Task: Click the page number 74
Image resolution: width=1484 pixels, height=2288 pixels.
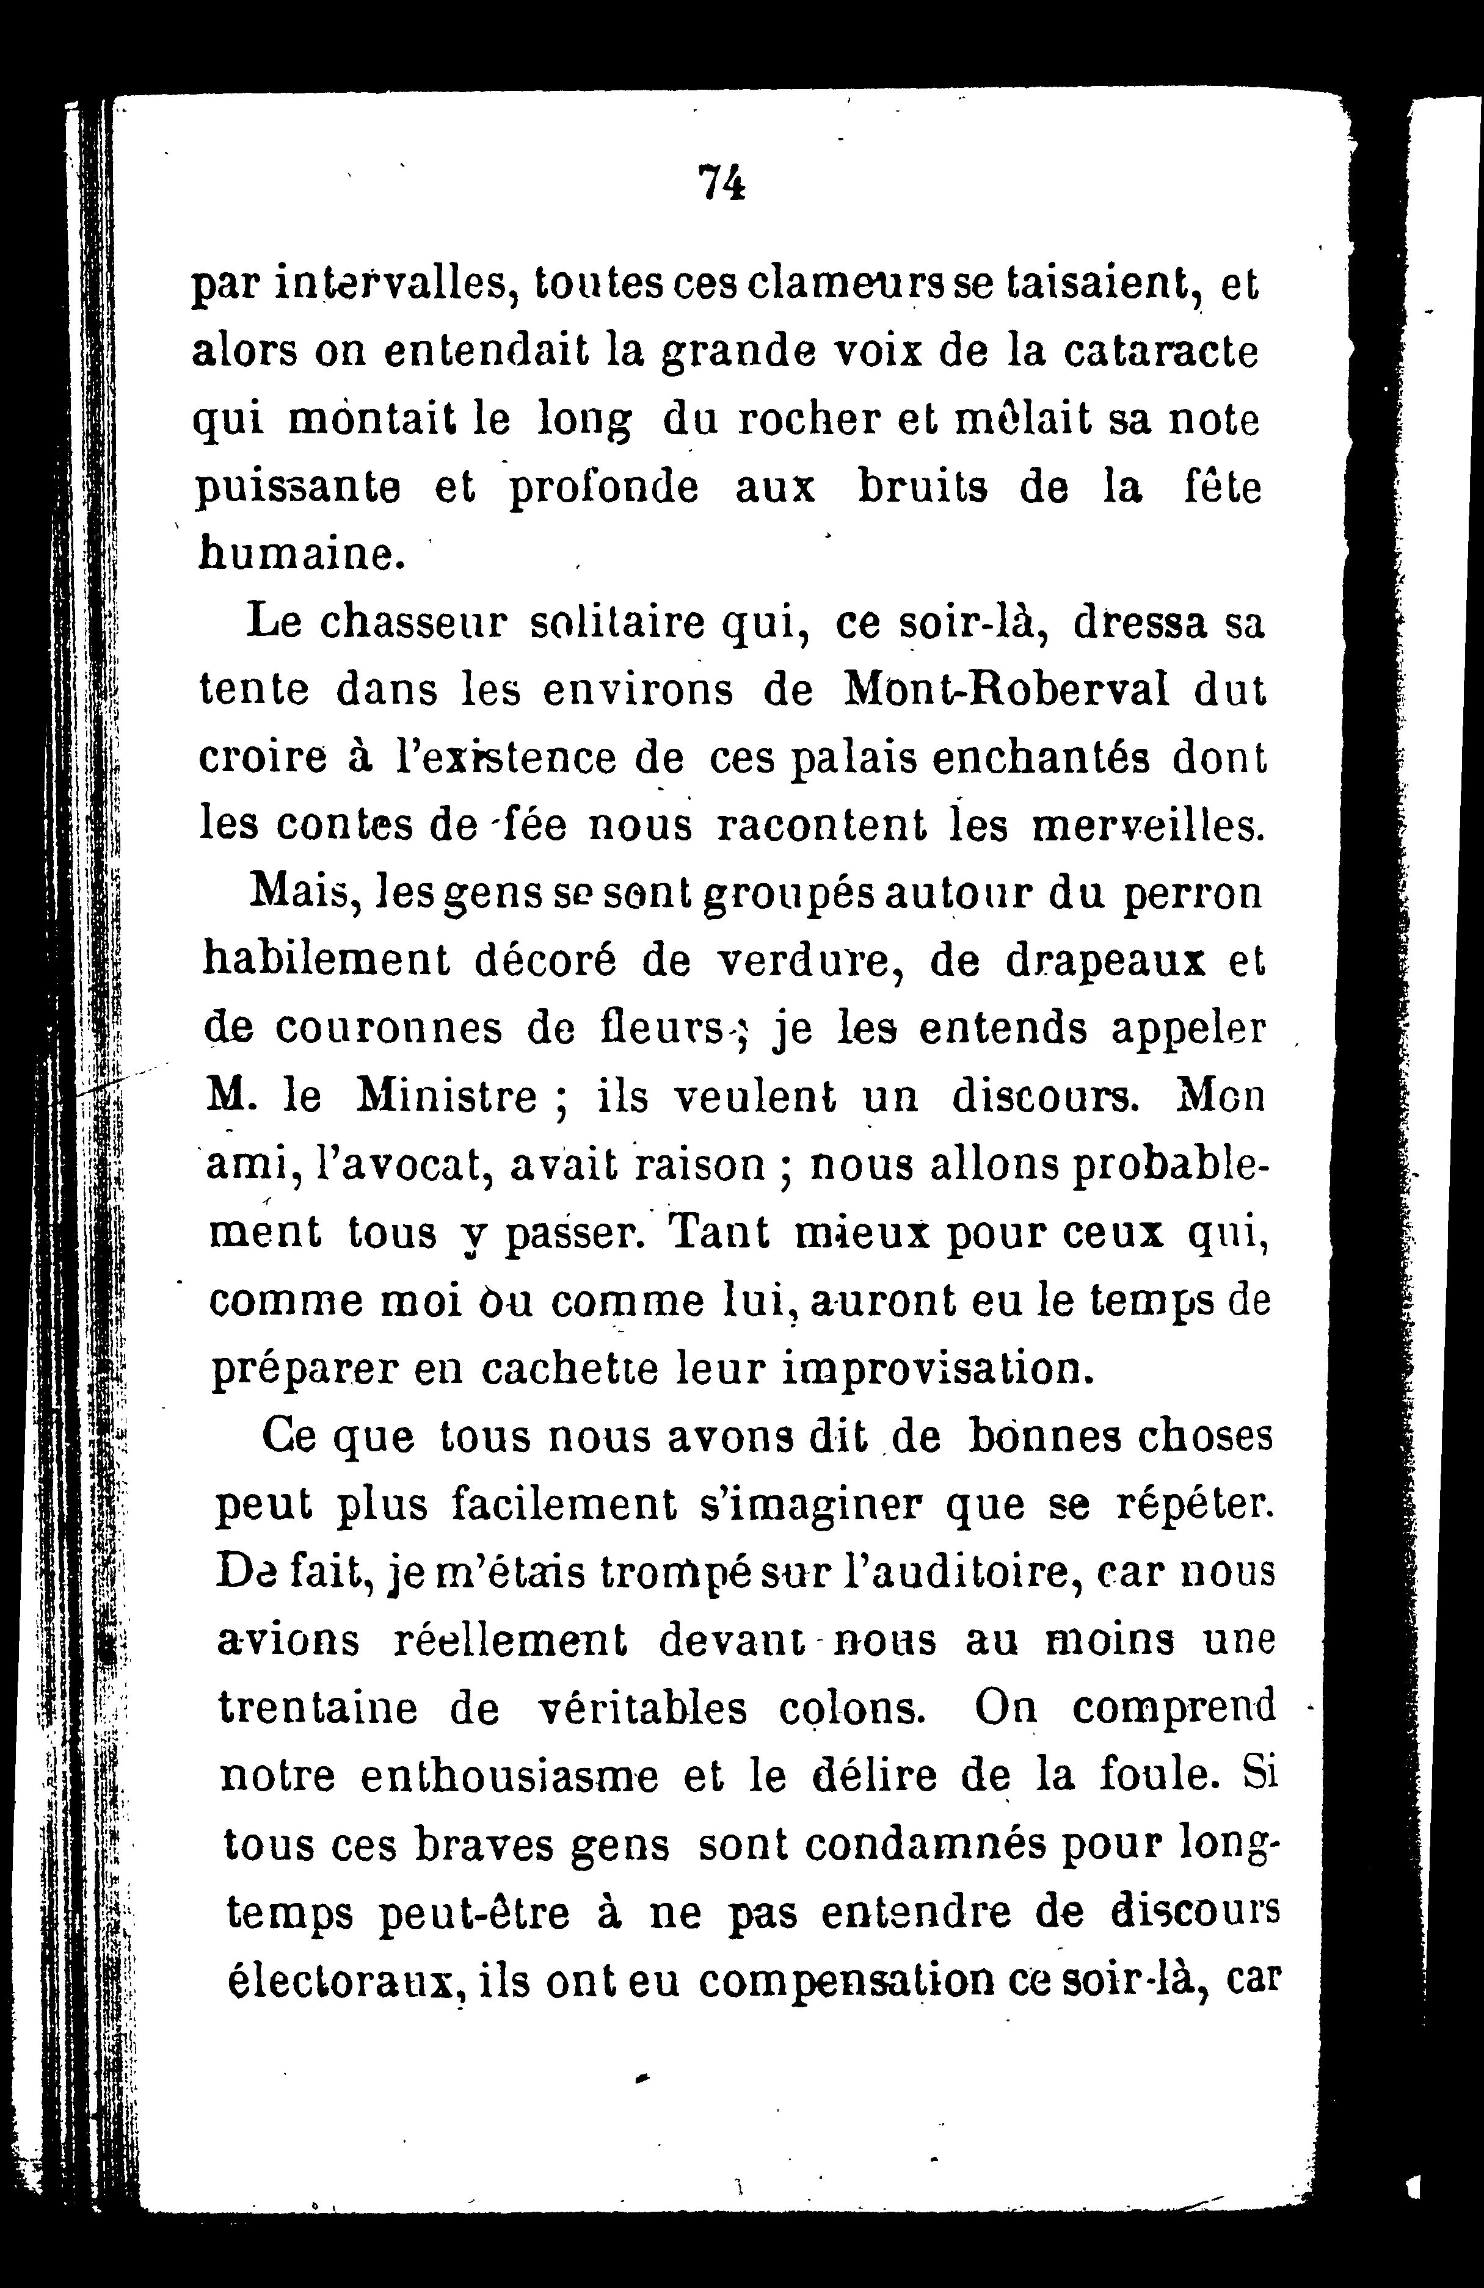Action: pos(722,182)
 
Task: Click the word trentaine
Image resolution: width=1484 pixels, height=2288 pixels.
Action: pos(318,1708)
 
